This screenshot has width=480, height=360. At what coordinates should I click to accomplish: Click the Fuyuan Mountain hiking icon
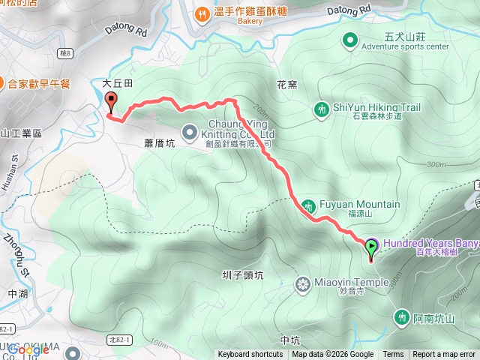pos(307,205)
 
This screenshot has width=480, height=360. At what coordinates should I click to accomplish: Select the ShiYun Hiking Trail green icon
pos(321,110)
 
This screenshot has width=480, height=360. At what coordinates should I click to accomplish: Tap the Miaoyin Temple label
pos(350,283)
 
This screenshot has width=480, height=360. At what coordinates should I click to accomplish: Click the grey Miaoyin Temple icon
pos(303,284)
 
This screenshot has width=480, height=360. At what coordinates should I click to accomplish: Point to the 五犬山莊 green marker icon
pos(349,40)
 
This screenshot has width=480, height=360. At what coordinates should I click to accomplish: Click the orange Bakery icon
pos(201,13)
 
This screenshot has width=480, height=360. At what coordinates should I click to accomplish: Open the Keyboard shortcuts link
pos(250,355)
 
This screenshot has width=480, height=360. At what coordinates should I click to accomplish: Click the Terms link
pos(393,355)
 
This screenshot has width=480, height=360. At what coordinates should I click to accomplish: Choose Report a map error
pos(445,355)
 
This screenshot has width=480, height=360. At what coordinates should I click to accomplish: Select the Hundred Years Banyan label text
pos(431,244)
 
